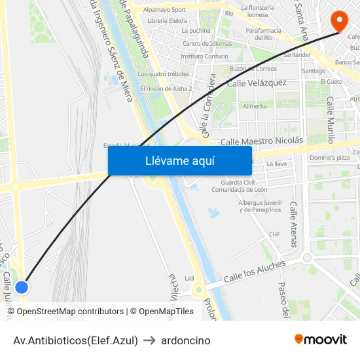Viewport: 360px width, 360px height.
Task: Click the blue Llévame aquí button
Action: click(179, 160)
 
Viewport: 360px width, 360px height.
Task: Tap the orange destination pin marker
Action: click(339, 21)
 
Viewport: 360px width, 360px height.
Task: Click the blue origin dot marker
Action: click(22, 287)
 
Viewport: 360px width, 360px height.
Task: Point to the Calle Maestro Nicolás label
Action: click(262, 141)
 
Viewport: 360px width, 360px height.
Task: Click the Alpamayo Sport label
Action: click(164, 10)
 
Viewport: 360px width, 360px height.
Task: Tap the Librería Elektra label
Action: click(167, 21)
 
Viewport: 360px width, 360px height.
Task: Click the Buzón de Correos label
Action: click(253, 68)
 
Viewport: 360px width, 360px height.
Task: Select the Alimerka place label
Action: click(255, 105)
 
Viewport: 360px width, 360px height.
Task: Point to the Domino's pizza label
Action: click(330, 158)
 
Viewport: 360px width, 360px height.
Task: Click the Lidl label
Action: click(190, 278)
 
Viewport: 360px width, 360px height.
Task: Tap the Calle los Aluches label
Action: click(255, 272)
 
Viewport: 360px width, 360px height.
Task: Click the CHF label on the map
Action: click(274, 234)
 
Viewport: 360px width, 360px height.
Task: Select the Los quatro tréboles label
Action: click(164, 74)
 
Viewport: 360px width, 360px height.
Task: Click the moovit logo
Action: click(321, 340)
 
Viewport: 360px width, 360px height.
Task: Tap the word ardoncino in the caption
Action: click(186, 340)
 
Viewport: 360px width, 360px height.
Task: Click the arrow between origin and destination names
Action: click(149, 340)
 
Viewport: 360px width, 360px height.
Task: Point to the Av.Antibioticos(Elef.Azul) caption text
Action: click(75, 340)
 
